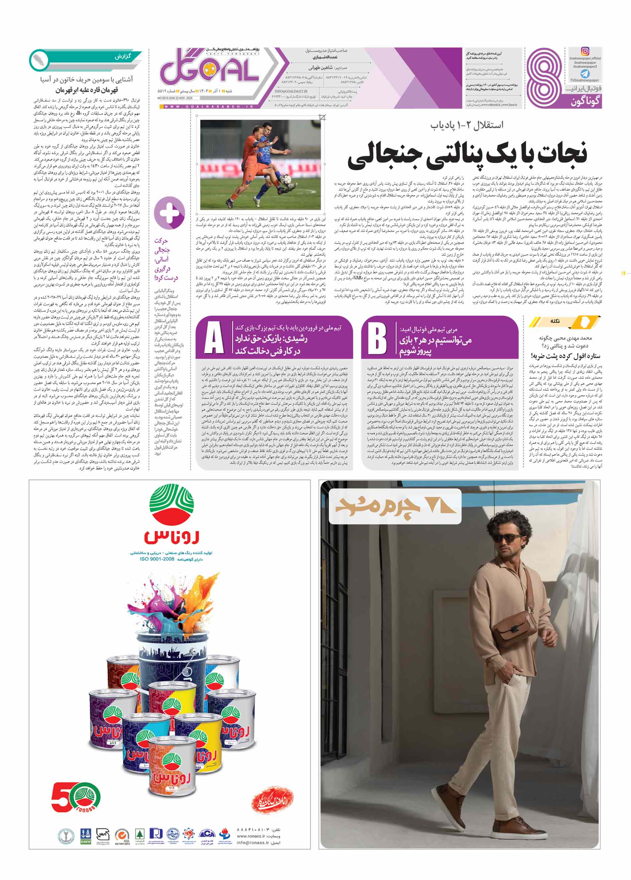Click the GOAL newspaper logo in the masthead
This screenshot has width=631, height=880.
[x=210, y=71]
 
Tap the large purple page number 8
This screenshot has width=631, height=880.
[x=546, y=78]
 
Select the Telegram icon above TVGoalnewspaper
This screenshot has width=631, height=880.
[x=585, y=74]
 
